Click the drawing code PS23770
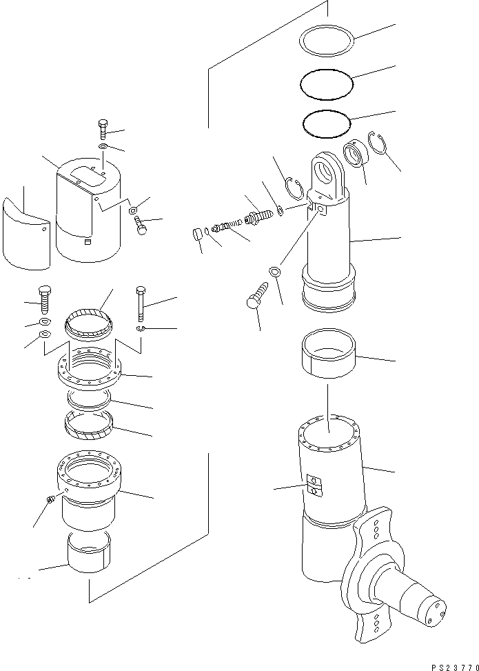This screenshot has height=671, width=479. click(455, 667)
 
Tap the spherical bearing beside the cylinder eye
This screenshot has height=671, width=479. click(355, 152)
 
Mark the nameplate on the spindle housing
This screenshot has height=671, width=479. click(314, 485)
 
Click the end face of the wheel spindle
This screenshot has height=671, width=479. click(434, 614)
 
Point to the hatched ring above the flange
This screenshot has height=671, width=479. click(88, 316)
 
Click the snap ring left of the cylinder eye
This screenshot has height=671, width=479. click(294, 188)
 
